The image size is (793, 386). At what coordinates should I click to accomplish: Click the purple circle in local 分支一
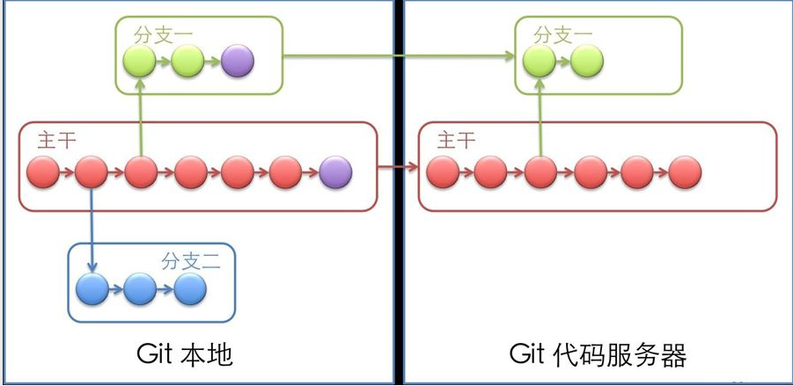click(238, 61)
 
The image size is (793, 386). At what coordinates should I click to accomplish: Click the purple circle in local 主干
click(335, 172)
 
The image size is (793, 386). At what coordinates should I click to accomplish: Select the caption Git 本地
click(184, 355)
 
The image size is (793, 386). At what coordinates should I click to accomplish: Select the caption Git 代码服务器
click(598, 355)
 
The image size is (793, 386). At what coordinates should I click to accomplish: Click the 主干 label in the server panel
click(456, 140)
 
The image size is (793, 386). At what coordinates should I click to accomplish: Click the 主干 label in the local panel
click(56, 140)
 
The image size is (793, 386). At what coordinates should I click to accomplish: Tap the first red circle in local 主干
click(43, 172)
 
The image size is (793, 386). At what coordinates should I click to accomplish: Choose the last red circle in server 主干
click(685, 172)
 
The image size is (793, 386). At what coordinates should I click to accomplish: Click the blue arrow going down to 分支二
click(92, 229)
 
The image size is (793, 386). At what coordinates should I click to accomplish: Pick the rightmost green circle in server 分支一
click(586, 61)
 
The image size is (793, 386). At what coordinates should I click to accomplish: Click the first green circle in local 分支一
click(139, 61)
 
